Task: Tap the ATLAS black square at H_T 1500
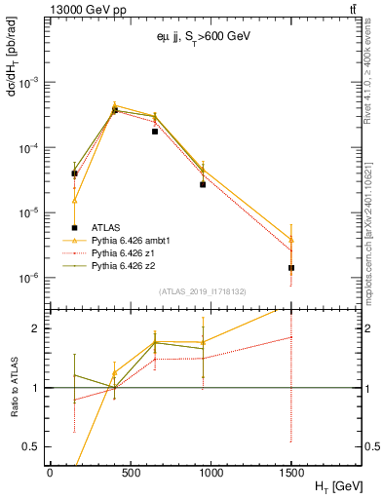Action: tap(291, 268)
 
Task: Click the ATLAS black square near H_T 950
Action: tap(203, 184)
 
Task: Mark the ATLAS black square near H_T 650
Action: tap(155, 132)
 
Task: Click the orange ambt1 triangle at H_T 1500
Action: tap(291, 239)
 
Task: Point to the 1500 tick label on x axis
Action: tap(291, 471)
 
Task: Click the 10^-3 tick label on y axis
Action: tap(29, 83)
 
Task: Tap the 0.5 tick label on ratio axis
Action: tap(32, 446)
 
